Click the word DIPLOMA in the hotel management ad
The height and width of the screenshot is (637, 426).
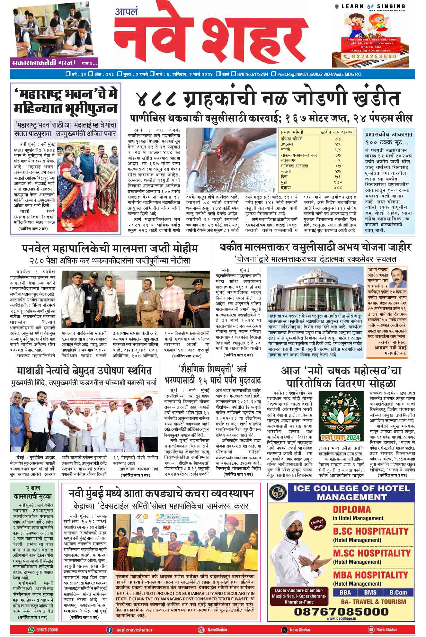point(352,509)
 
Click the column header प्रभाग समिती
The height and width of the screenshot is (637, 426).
point(292,132)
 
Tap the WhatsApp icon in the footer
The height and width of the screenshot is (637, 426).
point(31,630)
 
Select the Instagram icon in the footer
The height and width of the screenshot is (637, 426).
point(201,630)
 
